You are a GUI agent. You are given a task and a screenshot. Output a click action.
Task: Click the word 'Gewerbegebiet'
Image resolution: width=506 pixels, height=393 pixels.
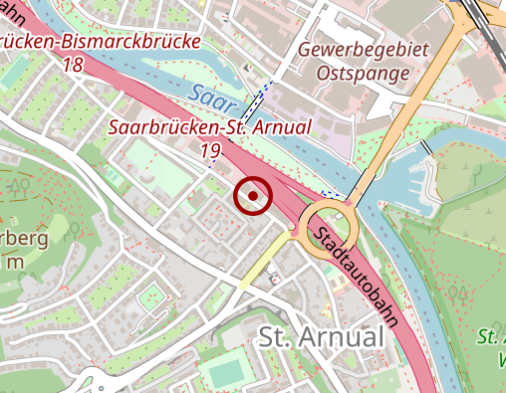[362, 50]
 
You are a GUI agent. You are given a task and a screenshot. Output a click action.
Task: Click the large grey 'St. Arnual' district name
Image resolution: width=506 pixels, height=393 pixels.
[320, 336]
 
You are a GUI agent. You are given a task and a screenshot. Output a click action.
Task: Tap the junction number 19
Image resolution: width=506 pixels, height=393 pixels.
[210, 150]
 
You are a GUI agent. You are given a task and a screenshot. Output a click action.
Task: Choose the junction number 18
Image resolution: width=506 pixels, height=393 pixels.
[72, 65]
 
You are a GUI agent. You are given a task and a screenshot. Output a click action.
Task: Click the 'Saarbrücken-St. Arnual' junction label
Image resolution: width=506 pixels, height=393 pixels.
[210, 127]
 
